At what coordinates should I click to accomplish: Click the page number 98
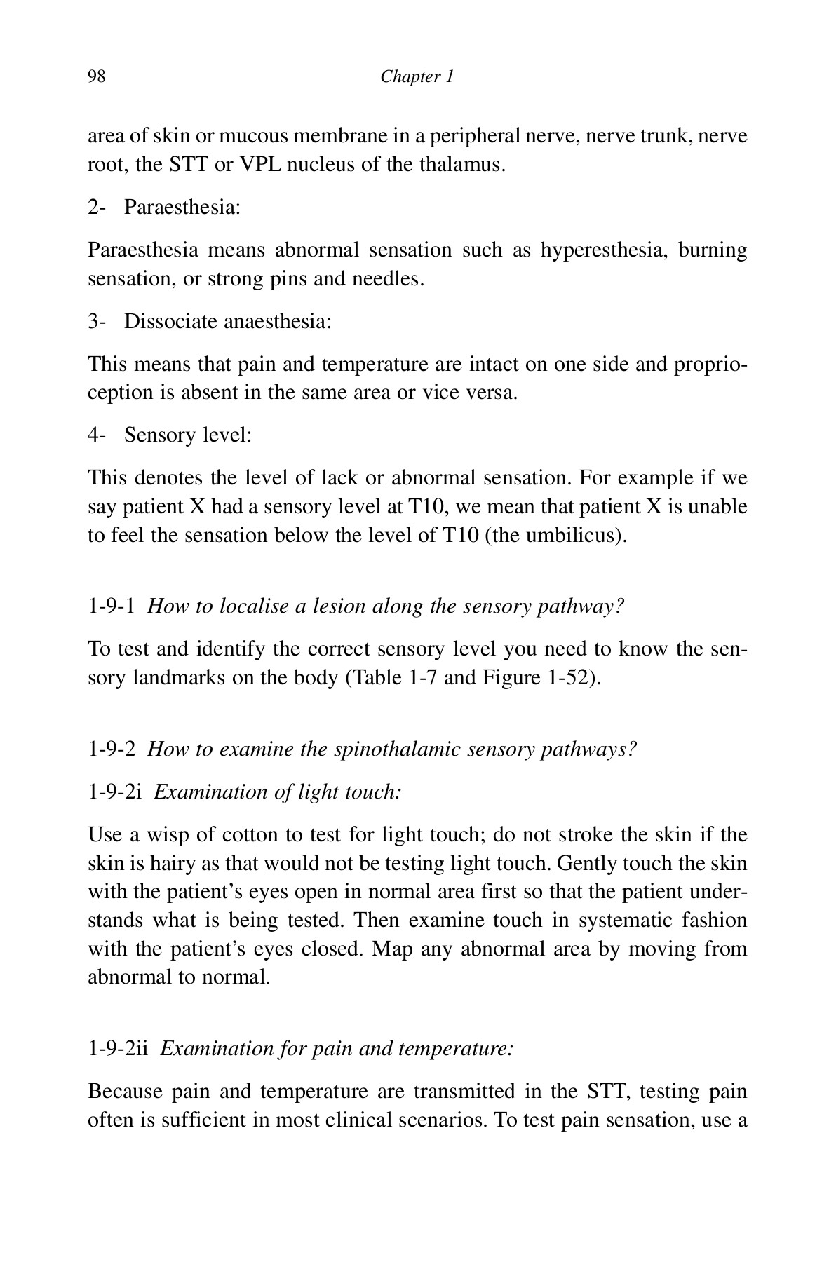[x=96, y=76]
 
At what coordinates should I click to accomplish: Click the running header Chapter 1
[x=417, y=76]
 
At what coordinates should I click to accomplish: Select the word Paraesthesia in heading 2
[x=182, y=208]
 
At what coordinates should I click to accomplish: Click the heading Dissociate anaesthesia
[x=227, y=322]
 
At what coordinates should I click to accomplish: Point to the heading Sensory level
[x=187, y=435]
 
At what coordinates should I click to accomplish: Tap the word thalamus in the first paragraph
[x=461, y=165]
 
